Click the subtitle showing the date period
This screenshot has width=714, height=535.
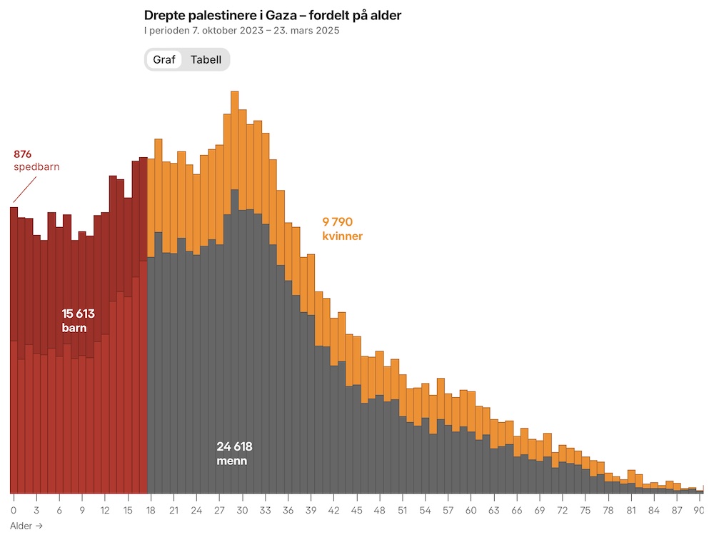pyautogui.click(x=241, y=31)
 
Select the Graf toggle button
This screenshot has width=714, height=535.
pyautogui.click(x=164, y=59)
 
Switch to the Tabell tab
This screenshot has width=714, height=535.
pyautogui.click(x=206, y=59)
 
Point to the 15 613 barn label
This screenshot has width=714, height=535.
pyautogui.click(x=78, y=321)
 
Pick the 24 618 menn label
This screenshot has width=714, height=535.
pyautogui.click(x=234, y=454)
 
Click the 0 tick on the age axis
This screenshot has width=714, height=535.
pyautogui.click(x=14, y=510)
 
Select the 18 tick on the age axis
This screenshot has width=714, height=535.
pyautogui.click(x=151, y=510)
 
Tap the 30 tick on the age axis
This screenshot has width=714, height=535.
pyautogui.click(x=242, y=510)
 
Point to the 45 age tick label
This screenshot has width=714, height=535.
pyautogui.click(x=356, y=510)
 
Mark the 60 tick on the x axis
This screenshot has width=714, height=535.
pyautogui.click(x=471, y=510)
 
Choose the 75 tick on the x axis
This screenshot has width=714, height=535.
pyautogui.click(x=585, y=510)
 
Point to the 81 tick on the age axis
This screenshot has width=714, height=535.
pyautogui.click(x=631, y=510)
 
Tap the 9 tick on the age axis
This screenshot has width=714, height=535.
pyautogui.click(x=82, y=510)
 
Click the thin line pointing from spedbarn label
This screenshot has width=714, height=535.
pyautogui.click(x=24, y=190)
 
